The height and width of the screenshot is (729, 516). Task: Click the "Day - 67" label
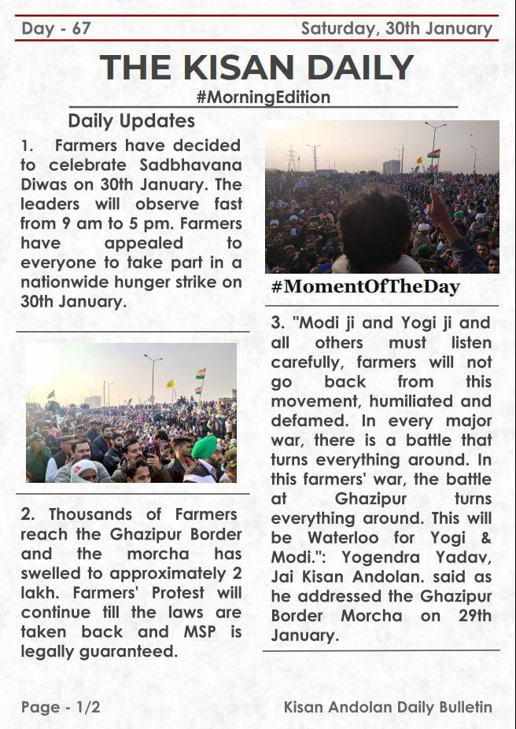click(x=56, y=29)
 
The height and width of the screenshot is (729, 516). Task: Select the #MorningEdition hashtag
click(x=263, y=98)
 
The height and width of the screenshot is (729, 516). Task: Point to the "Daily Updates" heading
click(x=131, y=121)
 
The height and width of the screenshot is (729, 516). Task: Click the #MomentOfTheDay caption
click(x=365, y=286)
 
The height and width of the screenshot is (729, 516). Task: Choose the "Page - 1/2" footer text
click(x=61, y=707)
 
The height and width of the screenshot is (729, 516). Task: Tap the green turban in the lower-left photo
click(x=205, y=447)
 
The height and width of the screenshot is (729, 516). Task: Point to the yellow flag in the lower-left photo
click(x=169, y=384)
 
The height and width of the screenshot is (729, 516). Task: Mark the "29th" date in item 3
click(x=470, y=616)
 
